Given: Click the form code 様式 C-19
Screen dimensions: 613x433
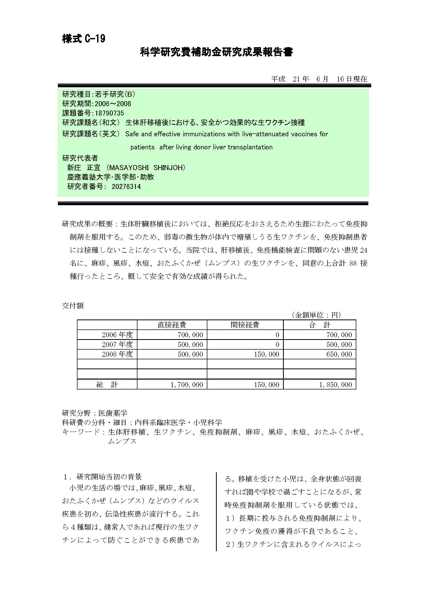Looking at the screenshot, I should tap(84, 39).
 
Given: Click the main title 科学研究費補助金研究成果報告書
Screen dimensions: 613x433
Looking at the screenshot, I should tap(216, 52).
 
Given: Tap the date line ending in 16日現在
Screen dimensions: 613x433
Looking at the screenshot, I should tap(319, 79).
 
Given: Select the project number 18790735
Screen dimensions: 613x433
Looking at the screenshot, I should tap(109, 113).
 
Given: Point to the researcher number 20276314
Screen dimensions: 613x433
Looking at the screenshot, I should tap(126, 186).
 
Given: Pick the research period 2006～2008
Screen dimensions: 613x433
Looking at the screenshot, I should tap(113, 104).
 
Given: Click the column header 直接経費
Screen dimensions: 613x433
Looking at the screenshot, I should tap(172, 325).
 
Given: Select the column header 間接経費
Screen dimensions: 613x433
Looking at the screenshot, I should tap(245, 325).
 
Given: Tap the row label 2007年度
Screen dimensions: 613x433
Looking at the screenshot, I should tap(117, 344).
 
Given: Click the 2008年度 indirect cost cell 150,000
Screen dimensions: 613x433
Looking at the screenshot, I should tap(266, 354).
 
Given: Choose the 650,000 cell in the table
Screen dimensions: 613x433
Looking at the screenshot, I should tap(339, 354).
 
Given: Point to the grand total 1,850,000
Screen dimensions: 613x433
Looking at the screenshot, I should tap(335, 384).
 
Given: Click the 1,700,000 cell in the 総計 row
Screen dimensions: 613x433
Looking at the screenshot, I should tap(187, 384).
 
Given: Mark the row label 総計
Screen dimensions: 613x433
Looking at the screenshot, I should tap(107, 384).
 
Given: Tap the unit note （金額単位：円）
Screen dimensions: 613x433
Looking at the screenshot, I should tap(316, 315).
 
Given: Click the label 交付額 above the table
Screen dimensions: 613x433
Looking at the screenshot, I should tap(73, 306).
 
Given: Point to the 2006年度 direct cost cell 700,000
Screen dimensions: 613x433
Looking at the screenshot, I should tap(190, 335).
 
